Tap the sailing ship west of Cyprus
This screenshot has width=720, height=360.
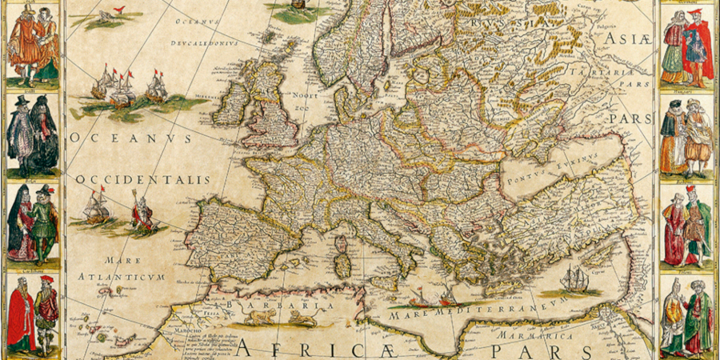(574, 279)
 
